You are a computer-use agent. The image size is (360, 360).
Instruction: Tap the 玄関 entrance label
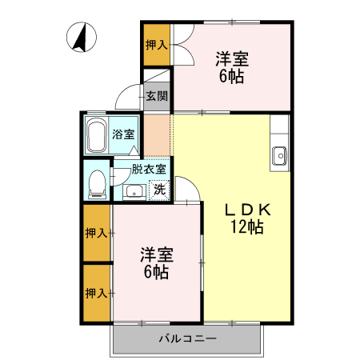[x=156, y=97]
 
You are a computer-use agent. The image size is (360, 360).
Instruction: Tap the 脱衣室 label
[x=150, y=169]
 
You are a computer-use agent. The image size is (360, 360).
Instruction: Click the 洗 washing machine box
[x=159, y=190]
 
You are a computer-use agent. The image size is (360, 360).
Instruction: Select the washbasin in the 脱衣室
[x=133, y=190]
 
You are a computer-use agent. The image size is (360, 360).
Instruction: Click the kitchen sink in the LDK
[x=279, y=155]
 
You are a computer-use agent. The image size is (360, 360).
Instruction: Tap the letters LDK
[x=248, y=210]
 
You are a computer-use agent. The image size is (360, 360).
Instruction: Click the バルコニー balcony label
[x=187, y=338]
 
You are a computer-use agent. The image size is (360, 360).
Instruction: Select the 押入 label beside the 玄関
[x=156, y=45]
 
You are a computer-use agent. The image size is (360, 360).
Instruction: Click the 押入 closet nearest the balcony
[x=97, y=293]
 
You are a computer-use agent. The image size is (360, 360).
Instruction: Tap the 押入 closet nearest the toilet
[x=97, y=233]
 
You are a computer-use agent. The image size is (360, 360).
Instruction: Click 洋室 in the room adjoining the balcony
[x=157, y=255]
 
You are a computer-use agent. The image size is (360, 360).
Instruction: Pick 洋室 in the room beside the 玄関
[x=231, y=59]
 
